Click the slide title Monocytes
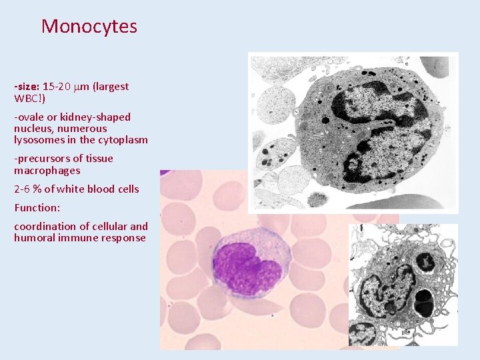(89, 27)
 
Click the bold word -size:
(27, 87)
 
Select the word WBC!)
(30, 99)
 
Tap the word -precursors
(41, 159)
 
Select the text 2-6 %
(28, 189)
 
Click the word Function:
(37, 207)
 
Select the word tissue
(99, 159)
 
